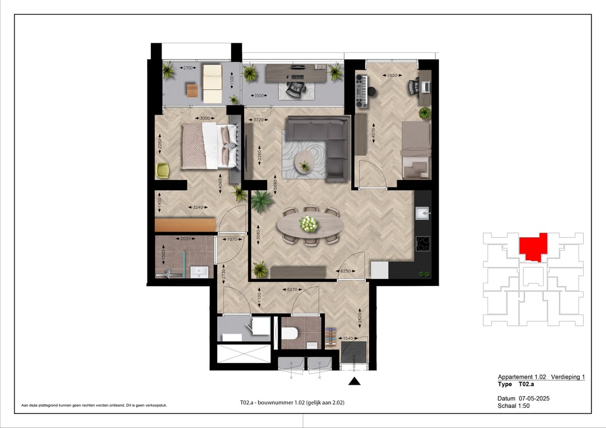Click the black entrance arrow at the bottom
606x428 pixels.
click(355, 382)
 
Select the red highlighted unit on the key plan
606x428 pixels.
click(533, 247)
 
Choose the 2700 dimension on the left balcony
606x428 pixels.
click(187, 68)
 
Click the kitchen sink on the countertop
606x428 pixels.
click(422, 212)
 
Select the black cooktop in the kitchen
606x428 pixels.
click(423, 243)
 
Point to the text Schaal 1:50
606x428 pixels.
click(513, 406)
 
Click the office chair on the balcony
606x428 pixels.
click(294, 89)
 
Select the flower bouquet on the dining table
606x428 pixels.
click(309, 224)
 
